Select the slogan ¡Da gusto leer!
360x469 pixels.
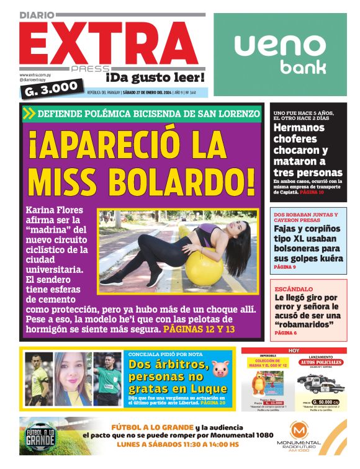(x=155, y=78)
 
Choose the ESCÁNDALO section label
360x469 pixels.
(x=293, y=288)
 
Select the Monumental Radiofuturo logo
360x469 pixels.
(x=299, y=436)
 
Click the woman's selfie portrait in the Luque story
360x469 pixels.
(x=73, y=378)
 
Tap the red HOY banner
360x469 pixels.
(x=294, y=351)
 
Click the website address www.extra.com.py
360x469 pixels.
(x=35, y=75)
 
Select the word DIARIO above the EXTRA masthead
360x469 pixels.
(x=37, y=14)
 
